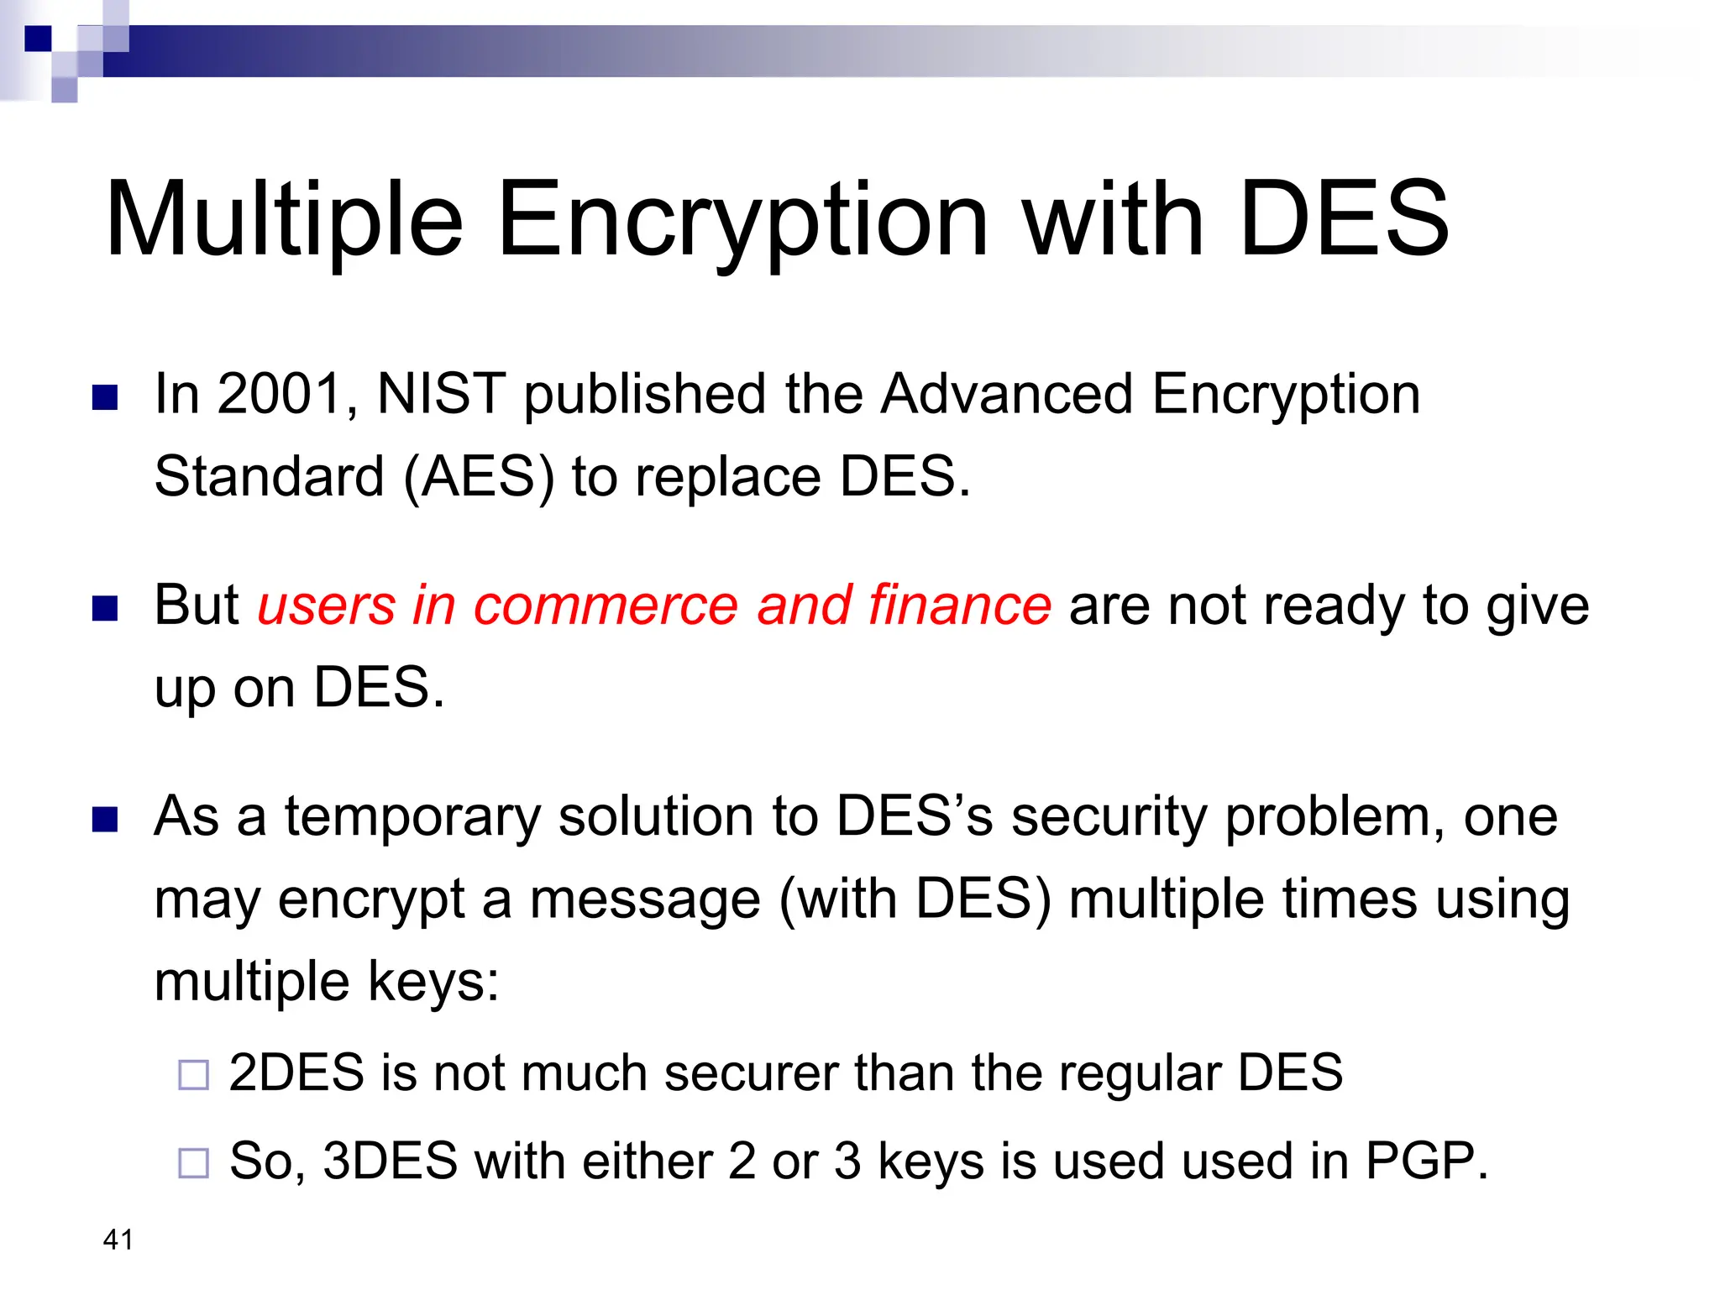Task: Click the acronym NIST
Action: click(441, 394)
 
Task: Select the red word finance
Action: click(959, 605)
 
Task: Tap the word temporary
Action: click(412, 816)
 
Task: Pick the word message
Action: click(645, 899)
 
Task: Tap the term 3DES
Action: click(390, 1161)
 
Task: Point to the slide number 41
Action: click(118, 1240)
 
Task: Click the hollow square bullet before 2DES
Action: click(193, 1075)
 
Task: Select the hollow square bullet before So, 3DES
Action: click(193, 1163)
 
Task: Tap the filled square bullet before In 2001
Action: click(105, 397)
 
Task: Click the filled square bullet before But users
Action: click(105, 608)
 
